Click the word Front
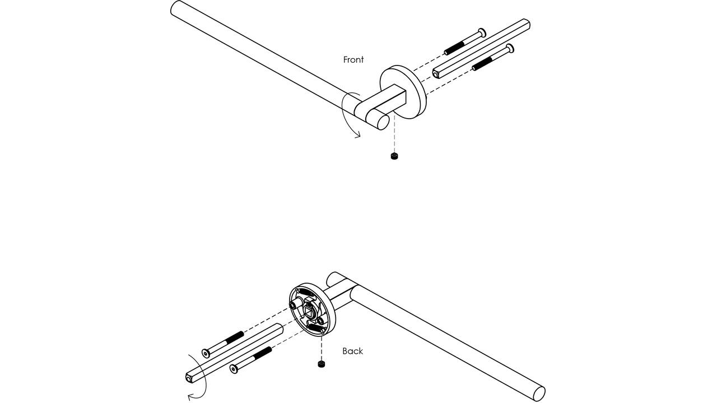tap(353, 60)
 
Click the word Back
tap(353, 351)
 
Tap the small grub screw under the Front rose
tap(394, 156)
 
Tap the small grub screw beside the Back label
tap(322, 364)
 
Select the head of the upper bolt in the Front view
tap(482, 32)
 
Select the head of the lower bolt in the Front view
tap(510, 49)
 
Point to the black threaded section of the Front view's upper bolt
tap(454, 48)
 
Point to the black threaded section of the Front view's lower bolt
tap(482, 64)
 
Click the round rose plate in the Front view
tap(404, 92)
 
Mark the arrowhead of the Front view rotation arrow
tap(358, 135)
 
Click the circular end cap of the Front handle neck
tap(383, 123)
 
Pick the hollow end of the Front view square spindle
tap(436, 74)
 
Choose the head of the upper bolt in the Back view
tap(206, 353)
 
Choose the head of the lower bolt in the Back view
tap(234, 369)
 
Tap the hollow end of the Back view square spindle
tap(189, 378)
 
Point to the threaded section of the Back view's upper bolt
tap(234, 338)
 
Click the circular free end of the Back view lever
tap(539, 393)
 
